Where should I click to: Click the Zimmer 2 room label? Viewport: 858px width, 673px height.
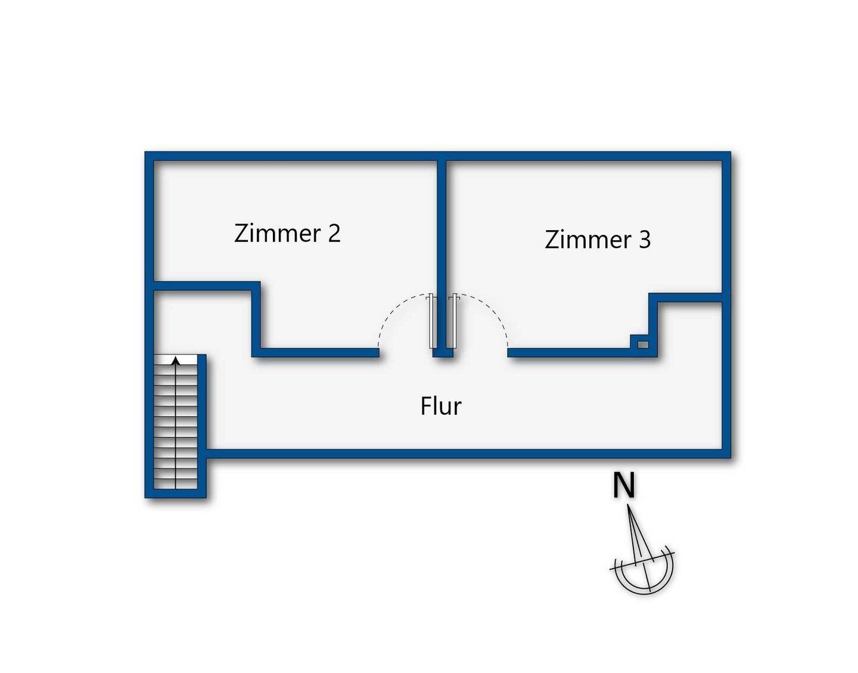[x=287, y=233]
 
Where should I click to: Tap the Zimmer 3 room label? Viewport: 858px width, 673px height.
[x=598, y=239]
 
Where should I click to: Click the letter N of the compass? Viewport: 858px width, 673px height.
[x=624, y=486]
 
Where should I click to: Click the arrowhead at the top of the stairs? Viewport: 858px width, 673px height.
[x=176, y=360]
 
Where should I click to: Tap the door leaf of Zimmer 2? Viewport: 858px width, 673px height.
[x=433, y=321]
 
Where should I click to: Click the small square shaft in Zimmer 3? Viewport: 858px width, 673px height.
[x=643, y=345]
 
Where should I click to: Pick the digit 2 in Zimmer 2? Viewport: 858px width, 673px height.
[x=334, y=233]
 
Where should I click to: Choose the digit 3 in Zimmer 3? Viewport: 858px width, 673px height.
[x=644, y=240]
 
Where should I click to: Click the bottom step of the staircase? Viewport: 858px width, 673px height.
[x=175, y=483]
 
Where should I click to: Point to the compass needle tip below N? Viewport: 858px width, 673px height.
[x=628, y=507]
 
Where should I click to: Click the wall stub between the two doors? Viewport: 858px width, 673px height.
[x=443, y=353]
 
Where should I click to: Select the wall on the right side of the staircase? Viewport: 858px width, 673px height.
[x=201, y=426]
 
